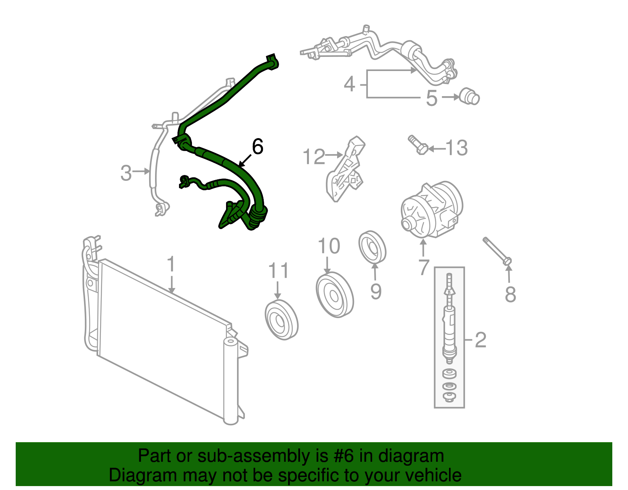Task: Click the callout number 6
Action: pyautogui.click(x=257, y=147)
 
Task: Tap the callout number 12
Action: pyautogui.click(x=314, y=157)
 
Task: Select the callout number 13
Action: pyautogui.click(x=457, y=148)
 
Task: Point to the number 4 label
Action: pyautogui.click(x=349, y=84)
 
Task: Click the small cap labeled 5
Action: pyautogui.click(x=469, y=97)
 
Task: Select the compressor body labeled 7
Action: pyautogui.click(x=431, y=210)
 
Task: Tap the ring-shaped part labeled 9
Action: pyautogui.click(x=372, y=247)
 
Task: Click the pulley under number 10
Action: pyautogui.click(x=334, y=295)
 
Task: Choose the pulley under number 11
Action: pyautogui.click(x=281, y=320)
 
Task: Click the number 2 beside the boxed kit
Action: pyautogui.click(x=480, y=339)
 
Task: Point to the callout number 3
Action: pyautogui.click(x=126, y=173)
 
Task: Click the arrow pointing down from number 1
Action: pyautogui.click(x=171, y=284)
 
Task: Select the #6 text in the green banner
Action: pyautogui.click(x=344, y=456)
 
